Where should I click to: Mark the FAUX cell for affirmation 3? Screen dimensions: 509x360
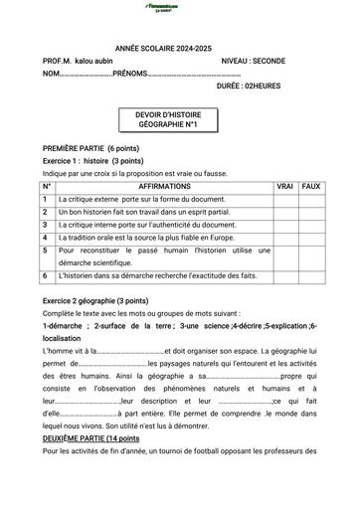click(310, 225)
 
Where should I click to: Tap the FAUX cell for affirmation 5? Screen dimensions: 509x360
click(310, 256)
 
